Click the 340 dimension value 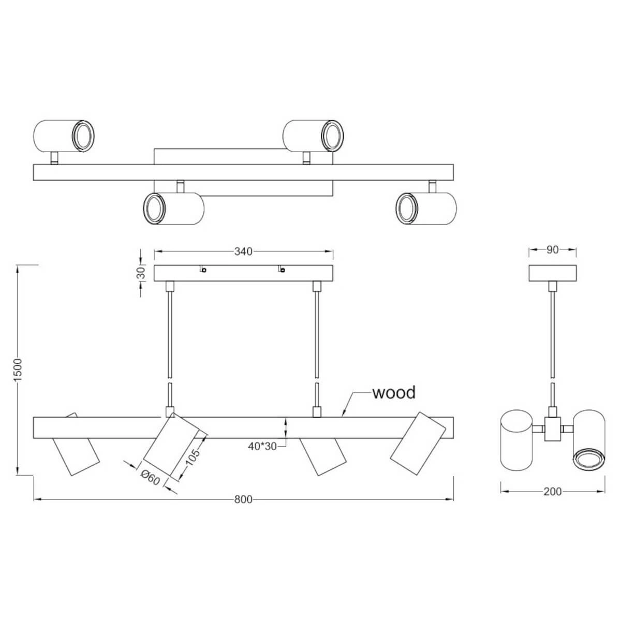coord(243,252)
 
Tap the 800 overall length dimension coord(243,499)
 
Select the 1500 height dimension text coord(18,369)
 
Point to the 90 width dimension coord(552,249)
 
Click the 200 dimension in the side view coord(553,492)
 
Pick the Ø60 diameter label coord(151,478)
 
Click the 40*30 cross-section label coord(262,446)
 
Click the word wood coord(394,393)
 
